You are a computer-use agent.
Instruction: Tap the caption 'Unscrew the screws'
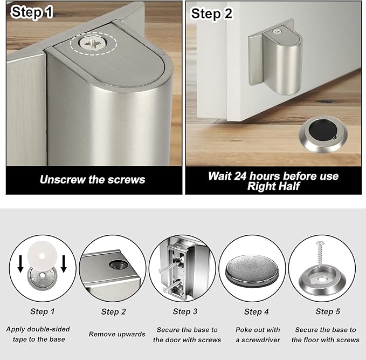(92, 180)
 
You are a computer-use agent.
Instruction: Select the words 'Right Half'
(273, 187)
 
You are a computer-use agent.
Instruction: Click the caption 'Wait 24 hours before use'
(273, 176)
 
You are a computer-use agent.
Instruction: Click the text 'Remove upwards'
(117, 334)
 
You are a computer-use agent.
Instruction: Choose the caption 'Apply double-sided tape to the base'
(38, 334)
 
